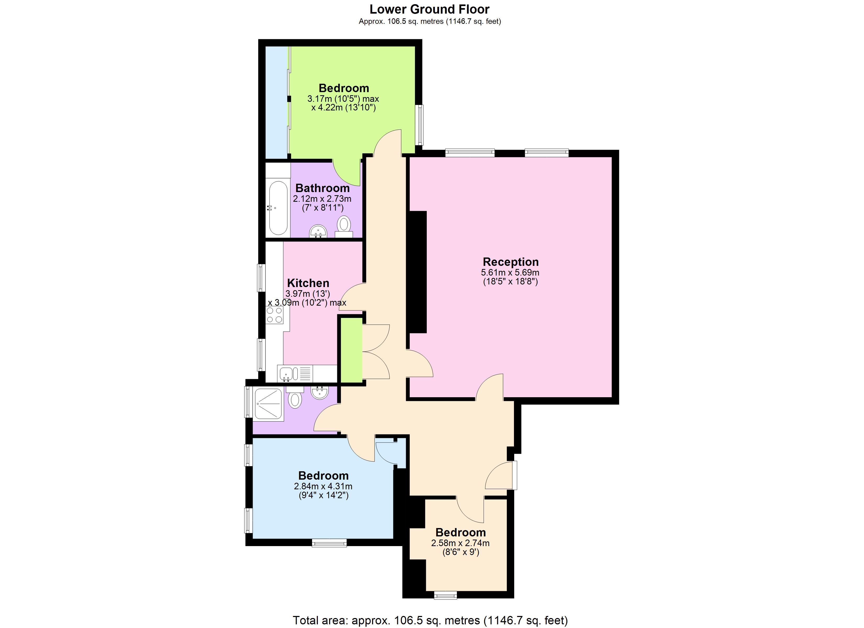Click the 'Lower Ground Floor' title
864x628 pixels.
(x=429, y=9)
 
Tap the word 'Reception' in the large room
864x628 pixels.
(x=511, y=262)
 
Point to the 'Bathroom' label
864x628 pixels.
(x=322, y=188)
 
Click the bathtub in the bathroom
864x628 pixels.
(x=278, y=208)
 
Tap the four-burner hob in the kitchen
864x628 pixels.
(x=275, y=315)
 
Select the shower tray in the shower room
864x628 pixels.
(x=269, y=404)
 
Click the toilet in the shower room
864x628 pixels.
(x=295, y=398)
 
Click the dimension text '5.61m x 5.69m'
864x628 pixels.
(x=510, y=273)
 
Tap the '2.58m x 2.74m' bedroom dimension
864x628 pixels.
(x=460, y=543)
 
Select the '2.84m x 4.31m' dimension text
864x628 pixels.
(x=323, y=486)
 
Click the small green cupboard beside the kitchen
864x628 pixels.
(x=351, y=350)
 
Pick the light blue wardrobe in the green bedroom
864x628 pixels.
(x=276, y=102)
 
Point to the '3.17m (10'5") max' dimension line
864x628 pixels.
(x=343, y=99)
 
